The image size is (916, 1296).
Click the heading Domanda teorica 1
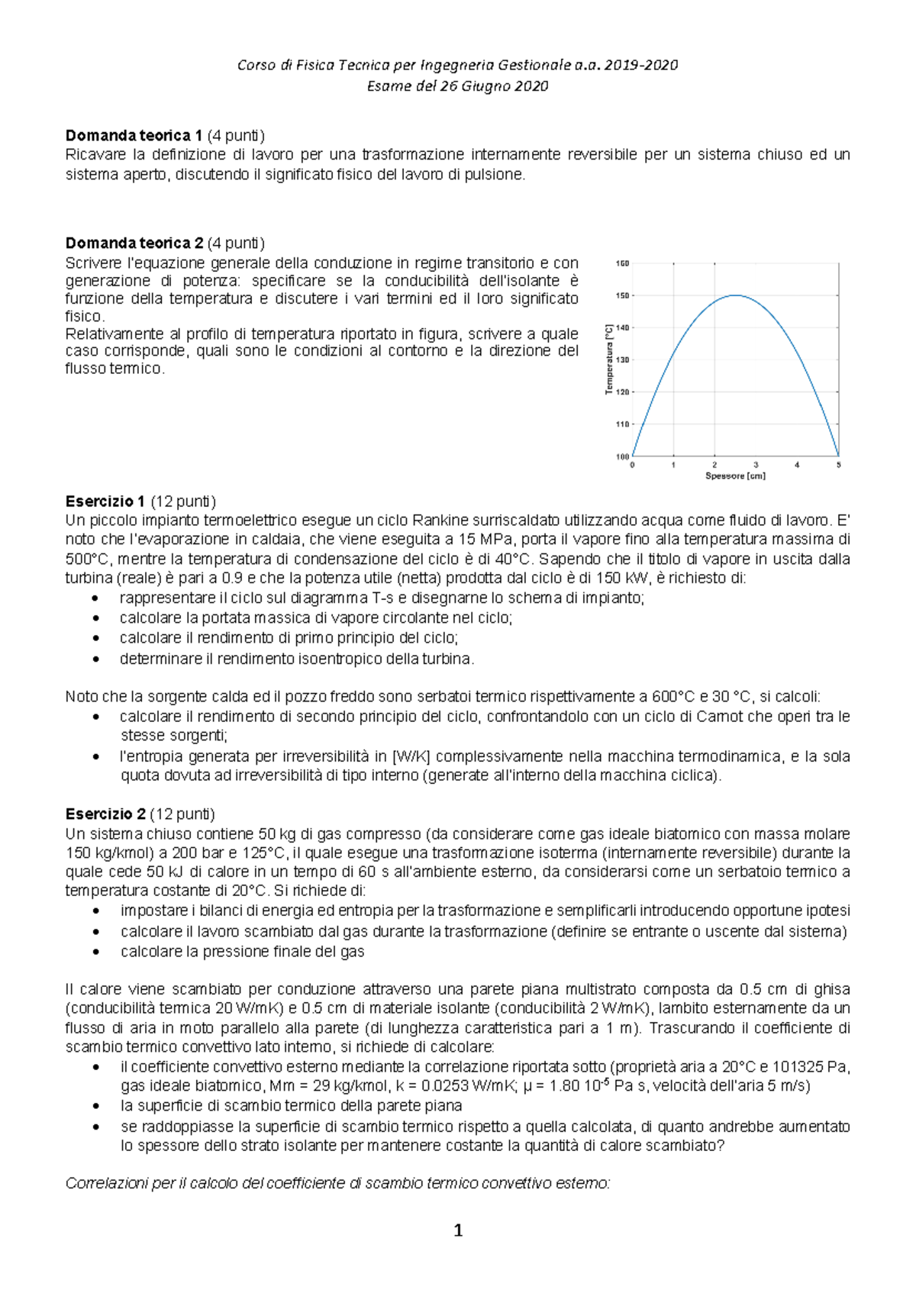click(134, 136)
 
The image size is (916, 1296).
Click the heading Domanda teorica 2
click(134, 243)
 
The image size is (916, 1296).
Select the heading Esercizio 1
click(105, 501)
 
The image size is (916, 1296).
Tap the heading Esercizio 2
click(105, 814)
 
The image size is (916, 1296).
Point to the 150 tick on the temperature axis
click(622, 295)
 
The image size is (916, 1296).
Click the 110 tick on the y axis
click(622, 424)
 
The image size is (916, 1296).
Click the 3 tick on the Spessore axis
click(756, 465)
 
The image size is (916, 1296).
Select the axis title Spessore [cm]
click(735, 476)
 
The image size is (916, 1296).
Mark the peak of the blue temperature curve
click(735, 295)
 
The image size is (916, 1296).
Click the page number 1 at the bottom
click(458, 1230)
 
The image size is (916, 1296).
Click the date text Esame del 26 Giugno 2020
click(458, 86)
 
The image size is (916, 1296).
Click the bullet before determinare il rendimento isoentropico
click(95, 659)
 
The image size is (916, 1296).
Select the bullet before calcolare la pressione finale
click(95, 952)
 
